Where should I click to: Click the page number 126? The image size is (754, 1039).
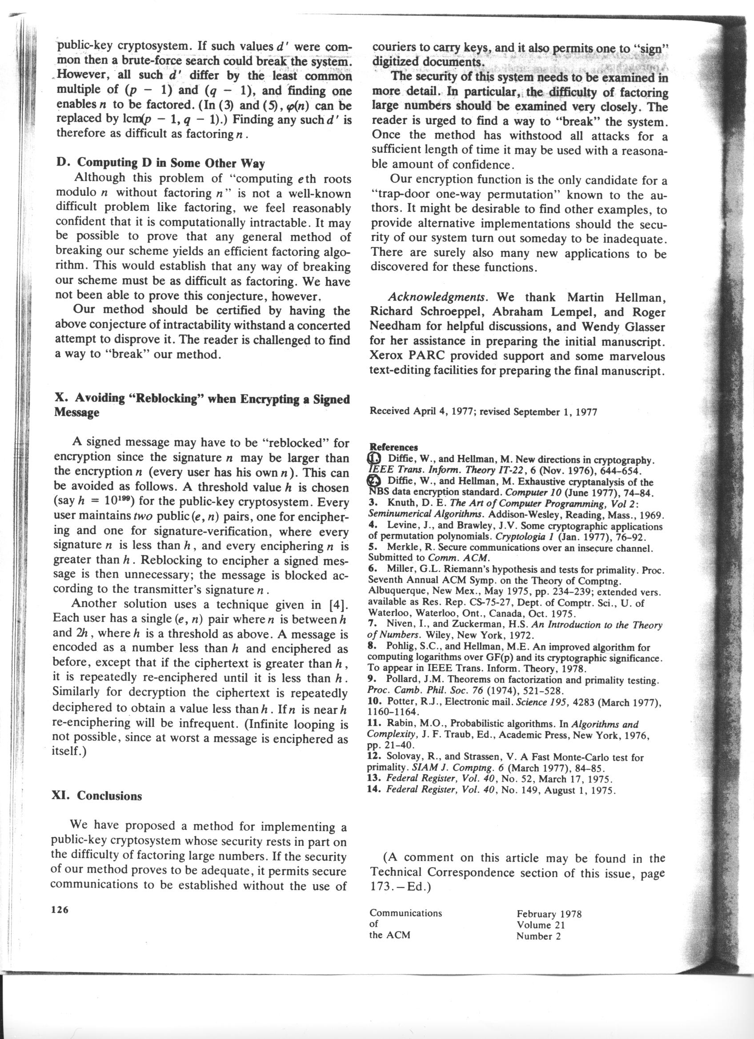60,910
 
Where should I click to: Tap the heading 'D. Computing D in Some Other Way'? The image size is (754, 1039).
160,163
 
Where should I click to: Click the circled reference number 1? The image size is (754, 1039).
374,458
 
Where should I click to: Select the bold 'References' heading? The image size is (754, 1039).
394,447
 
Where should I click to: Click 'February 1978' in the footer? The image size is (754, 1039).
549,913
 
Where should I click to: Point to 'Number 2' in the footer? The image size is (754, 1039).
538,936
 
